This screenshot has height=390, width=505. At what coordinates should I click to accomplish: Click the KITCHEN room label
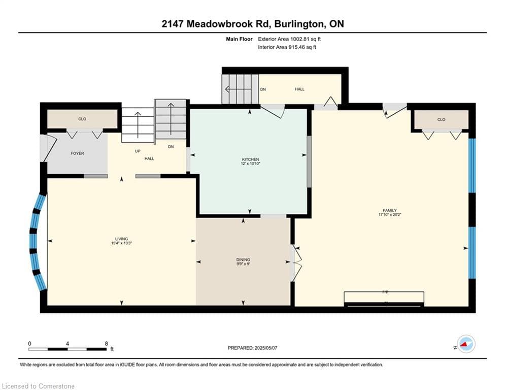250,159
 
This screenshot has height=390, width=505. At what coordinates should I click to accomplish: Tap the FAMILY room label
389,210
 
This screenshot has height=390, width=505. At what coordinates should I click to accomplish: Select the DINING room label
243,259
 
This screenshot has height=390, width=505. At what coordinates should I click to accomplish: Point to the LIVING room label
121,239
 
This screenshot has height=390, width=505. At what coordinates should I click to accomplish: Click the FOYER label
77,153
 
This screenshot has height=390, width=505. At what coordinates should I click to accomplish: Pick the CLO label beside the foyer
82,119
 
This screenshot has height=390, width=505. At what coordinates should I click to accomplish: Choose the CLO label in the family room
441,119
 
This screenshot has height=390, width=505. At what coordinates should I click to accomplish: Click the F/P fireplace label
385,292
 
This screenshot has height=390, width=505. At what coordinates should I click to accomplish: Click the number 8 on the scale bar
106,344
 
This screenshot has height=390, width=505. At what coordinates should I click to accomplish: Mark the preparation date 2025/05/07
266,348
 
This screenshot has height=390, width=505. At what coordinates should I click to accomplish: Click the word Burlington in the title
298,24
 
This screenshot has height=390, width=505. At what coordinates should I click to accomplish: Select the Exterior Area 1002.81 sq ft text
289,39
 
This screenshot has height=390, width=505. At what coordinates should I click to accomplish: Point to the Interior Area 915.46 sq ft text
287,47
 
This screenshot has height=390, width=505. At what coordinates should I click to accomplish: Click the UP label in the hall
138,151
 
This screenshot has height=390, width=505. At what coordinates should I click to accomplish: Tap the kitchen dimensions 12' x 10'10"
250,164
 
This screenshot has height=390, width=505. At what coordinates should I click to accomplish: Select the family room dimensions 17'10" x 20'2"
390,214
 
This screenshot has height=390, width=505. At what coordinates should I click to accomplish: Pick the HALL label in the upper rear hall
299,89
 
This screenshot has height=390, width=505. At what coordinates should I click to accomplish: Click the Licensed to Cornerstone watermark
39,386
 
